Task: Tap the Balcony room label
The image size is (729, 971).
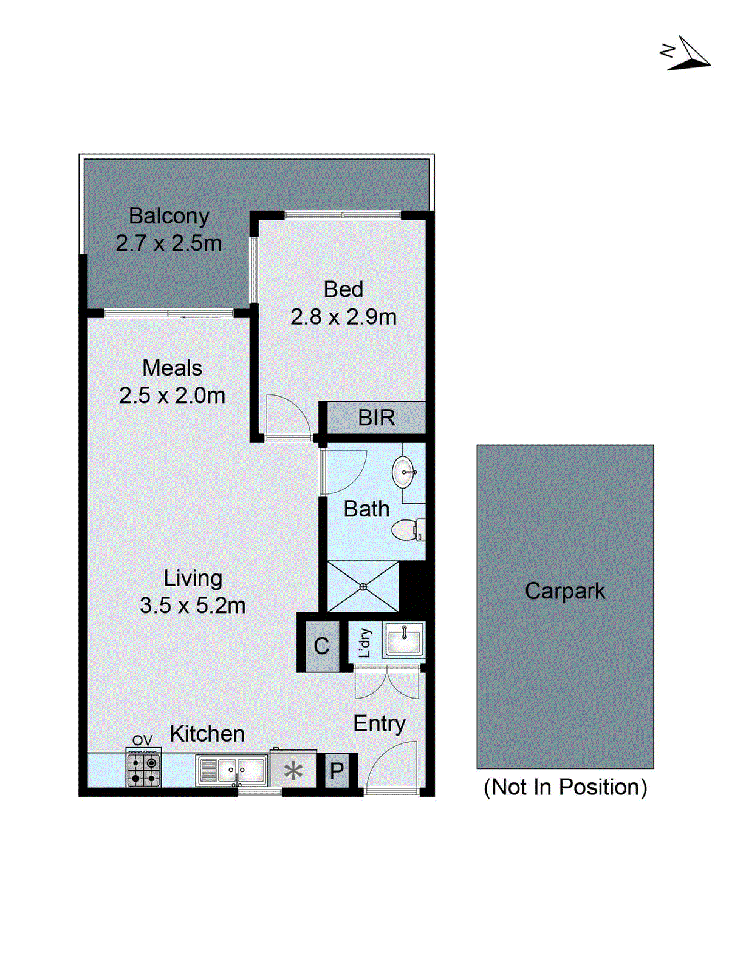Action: (169, 216)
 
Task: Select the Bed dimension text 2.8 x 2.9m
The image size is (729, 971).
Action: (343, 317)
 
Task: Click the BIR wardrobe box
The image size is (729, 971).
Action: (376, 418)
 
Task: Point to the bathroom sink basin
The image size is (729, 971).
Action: (403, 472)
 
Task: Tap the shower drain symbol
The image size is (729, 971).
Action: (363, 586)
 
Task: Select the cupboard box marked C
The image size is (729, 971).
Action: (321, 646)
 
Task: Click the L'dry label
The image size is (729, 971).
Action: (364, 643)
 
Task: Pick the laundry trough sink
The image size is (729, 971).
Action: (404, 640)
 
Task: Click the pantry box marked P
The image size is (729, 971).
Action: (337, 771)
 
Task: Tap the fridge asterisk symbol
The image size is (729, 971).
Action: (293, 771)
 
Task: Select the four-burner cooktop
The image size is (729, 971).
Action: (143, 770)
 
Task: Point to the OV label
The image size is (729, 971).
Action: (142, 740)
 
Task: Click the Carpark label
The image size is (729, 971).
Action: (565, 591)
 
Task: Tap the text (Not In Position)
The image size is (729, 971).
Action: (565, 787)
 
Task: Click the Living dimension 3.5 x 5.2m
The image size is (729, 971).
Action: (193, 606)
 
